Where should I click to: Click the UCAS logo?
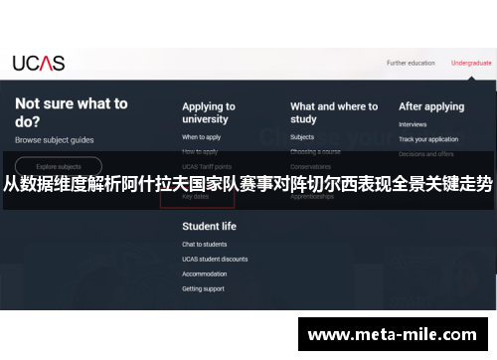(x=39, y=63)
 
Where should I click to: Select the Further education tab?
(x=411, y=63)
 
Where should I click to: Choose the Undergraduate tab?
(x=471, y=63)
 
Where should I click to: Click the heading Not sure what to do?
(x=71, y=110)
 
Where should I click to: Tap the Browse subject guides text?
(x=54, y=140)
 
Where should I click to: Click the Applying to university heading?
(x=209, y=113)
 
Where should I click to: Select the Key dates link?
(x=196, y=197)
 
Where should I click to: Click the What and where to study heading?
(x=334, y=113)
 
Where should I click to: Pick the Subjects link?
(x=302, y=137)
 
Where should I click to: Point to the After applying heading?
(x=431, y=106)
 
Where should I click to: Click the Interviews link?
(x=413, y=125)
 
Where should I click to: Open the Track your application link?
(x=428, y=139)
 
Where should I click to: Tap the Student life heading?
(x=209, y=226)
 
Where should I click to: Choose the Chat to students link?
(x=205, y=245)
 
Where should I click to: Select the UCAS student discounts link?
(x=215, y=259)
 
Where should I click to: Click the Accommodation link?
(x=205, y=273)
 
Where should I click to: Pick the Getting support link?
(x=204, y=288)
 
